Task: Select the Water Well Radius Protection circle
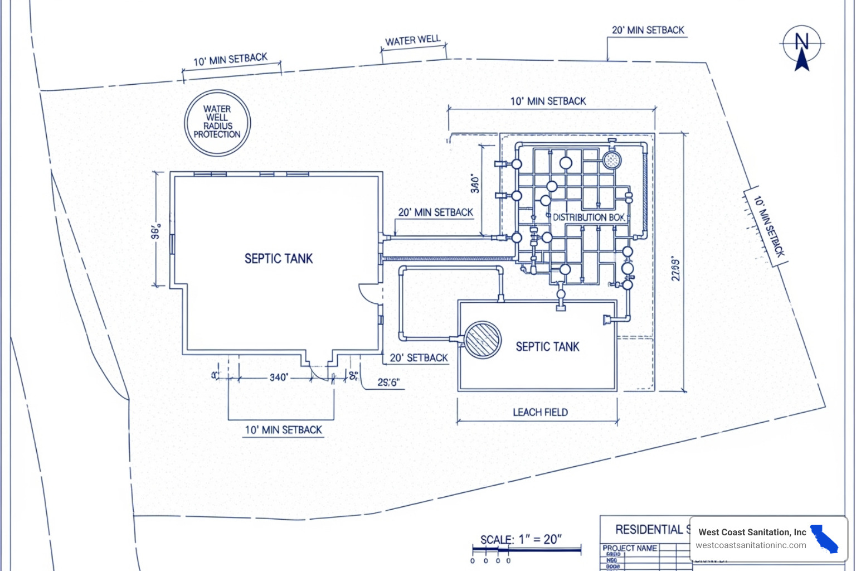pos(217,122)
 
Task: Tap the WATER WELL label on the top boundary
pos(412,41)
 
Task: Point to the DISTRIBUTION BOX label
pos(588,217)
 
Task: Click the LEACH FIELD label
pos(540,412)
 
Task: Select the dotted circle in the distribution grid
pos(612,161)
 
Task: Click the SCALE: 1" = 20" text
pos(521,539)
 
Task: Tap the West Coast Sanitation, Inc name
pos(752,532)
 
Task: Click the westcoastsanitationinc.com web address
pos(751,545)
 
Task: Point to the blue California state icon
pos(824,539)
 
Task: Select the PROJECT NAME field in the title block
pos(629,548)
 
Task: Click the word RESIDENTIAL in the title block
pos(649,529)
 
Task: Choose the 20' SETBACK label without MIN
pos(419,358)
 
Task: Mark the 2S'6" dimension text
pos(388,383)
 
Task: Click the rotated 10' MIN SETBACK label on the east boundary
pos(769,226)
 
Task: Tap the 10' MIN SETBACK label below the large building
pos(283,430)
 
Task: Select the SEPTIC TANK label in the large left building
pos(279,259)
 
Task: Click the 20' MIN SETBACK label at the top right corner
pos(648,30)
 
